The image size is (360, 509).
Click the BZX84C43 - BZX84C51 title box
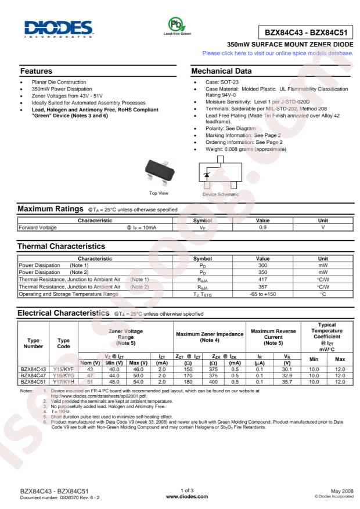[304, 33]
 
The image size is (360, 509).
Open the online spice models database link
[278, 53]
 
